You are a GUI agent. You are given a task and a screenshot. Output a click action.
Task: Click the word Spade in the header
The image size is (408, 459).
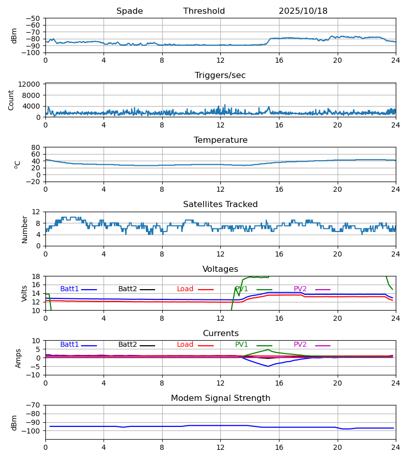pos(130,11)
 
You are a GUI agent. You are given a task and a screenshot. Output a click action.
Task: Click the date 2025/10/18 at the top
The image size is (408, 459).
pos(303,11)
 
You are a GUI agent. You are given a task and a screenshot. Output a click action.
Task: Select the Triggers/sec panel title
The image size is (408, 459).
pos(220,75)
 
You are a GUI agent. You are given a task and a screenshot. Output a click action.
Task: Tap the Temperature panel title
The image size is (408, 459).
pos(220,140)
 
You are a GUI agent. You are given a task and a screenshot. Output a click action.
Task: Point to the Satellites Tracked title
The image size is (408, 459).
pos(220,205)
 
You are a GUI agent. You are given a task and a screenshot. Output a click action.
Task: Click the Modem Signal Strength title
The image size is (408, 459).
pos(220,398)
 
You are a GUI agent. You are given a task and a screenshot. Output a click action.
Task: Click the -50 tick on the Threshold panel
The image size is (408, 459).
pos(35,18)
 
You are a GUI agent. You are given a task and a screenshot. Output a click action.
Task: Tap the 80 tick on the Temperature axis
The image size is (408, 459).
pos(36,147)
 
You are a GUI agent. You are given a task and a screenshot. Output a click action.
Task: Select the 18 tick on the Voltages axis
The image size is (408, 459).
pos(36,276)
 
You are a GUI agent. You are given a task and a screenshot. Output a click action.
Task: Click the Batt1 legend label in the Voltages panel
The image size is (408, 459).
pos(70,289)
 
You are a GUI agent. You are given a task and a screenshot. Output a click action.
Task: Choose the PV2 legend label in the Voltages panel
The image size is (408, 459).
pos(300,289)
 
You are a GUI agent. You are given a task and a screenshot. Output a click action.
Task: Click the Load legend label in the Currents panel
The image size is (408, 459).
pos(185,345)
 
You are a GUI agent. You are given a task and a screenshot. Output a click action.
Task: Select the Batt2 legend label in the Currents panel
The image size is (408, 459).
pos(127,345)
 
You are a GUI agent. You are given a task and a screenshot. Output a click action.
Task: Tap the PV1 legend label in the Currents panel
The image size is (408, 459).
pos(242,345)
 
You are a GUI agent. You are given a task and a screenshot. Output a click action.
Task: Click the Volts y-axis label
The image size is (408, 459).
pos(24,293)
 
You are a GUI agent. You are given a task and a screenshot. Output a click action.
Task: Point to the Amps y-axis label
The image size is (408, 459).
pos(19,358)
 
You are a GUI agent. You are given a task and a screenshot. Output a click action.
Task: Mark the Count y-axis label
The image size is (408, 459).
pos(11,100)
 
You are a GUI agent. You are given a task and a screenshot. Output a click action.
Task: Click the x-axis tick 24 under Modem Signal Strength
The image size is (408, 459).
pos(396,447)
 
